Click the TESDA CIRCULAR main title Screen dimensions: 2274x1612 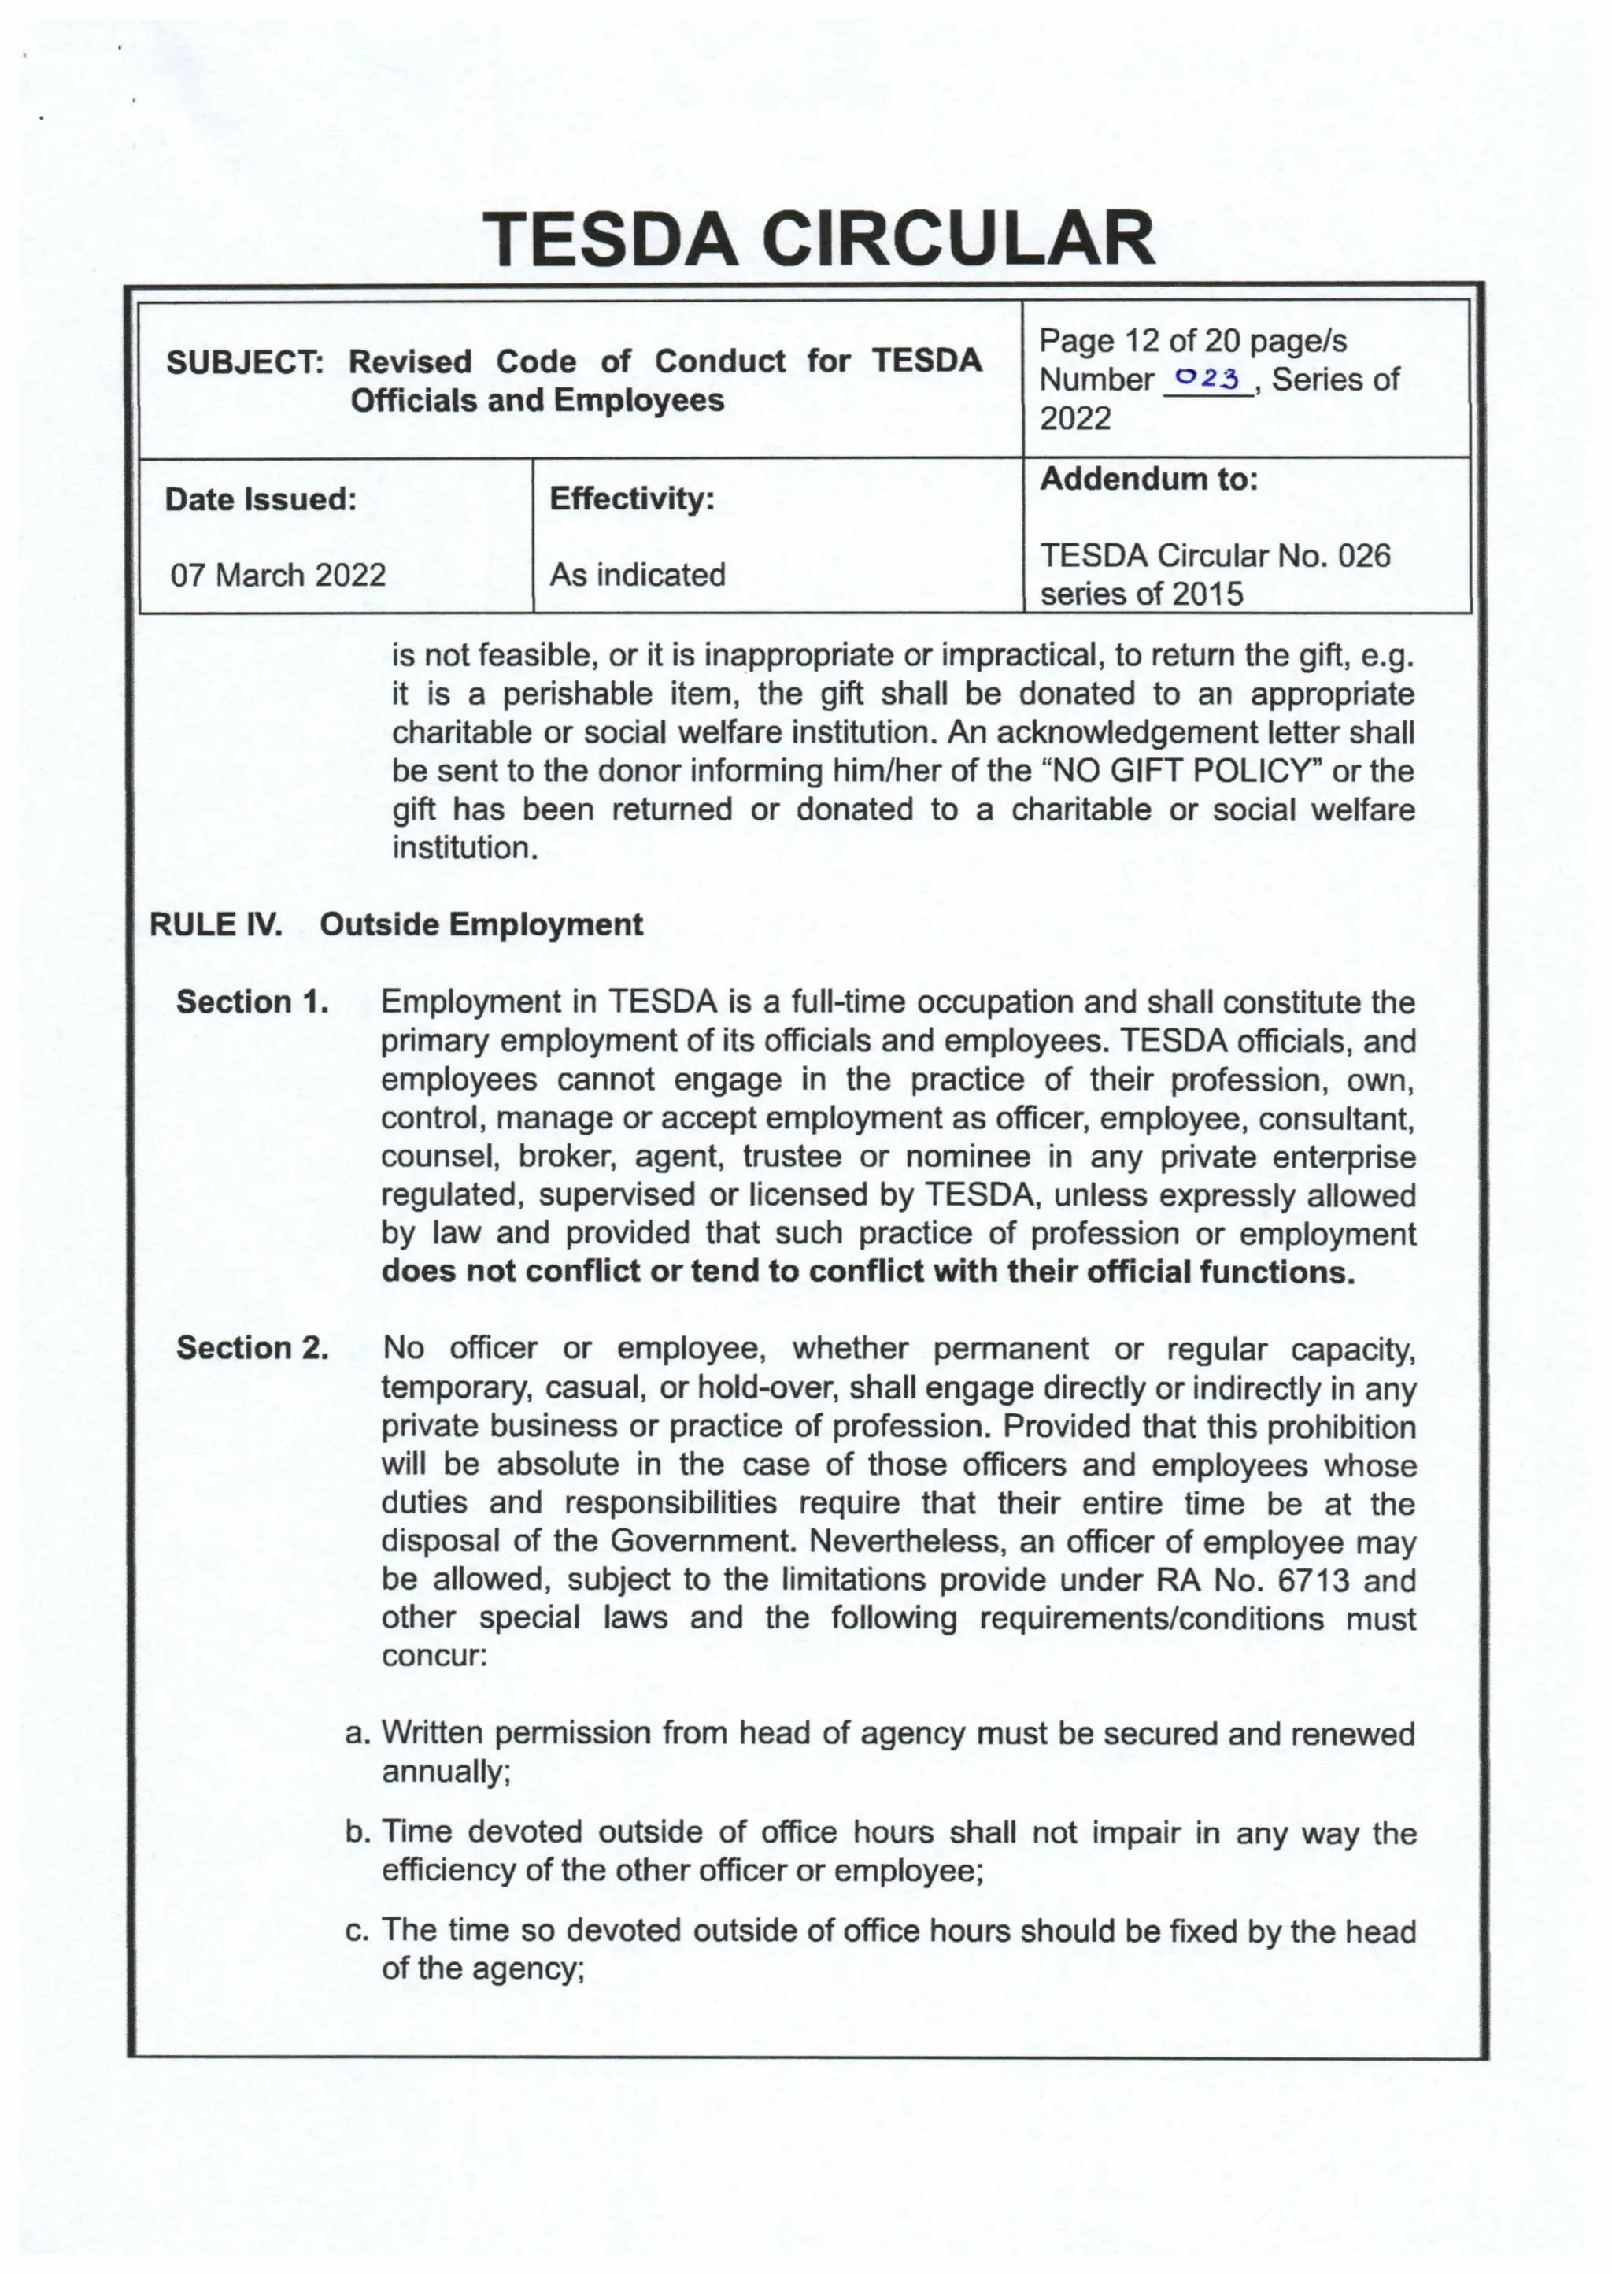823,239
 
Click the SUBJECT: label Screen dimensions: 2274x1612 245,362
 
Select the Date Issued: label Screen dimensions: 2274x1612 260,498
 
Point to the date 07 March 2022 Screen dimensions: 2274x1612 278,575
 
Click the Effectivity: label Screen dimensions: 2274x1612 632,498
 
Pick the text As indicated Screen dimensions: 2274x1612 638,575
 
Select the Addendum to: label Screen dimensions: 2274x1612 1148,480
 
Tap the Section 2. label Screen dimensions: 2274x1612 252,1349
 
